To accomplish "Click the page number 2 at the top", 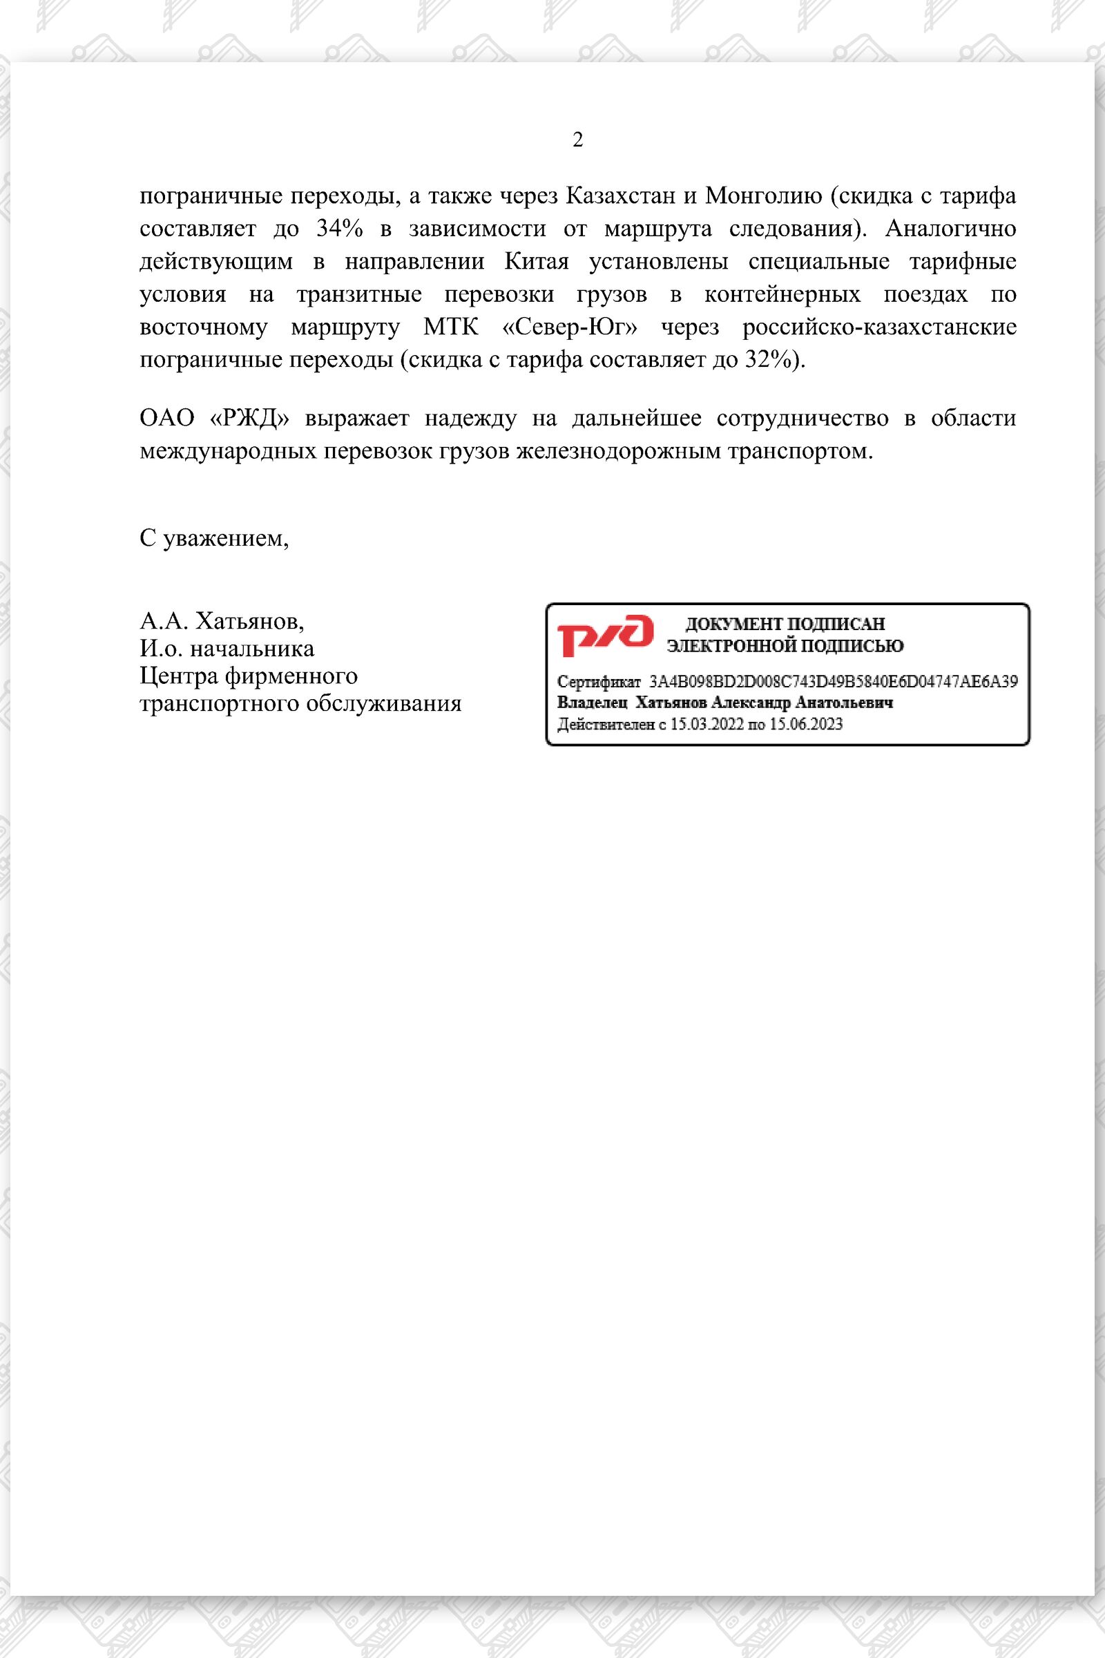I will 577,140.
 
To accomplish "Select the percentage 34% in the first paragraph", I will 339,229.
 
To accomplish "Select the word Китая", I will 537,262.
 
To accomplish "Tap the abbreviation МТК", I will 450,327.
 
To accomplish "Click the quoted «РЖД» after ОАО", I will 250,418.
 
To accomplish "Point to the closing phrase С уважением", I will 214,539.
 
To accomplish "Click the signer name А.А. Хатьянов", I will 222,621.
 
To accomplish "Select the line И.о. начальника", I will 227,649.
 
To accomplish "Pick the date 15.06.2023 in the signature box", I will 805,724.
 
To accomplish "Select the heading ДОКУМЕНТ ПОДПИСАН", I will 785,624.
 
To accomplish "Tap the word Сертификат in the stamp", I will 598,682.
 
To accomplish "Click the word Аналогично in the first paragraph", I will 950,229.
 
